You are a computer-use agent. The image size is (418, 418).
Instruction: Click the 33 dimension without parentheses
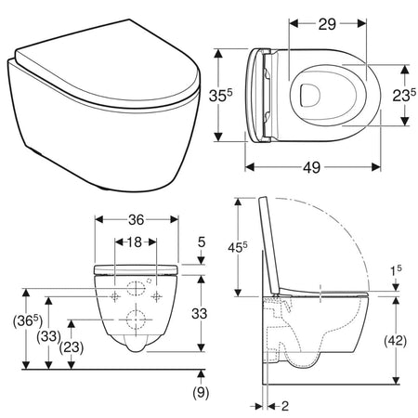200,314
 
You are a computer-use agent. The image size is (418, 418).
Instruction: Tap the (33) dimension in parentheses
45,335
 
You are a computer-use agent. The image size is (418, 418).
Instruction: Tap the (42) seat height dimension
395,339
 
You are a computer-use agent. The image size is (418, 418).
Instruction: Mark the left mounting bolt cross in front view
114,296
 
